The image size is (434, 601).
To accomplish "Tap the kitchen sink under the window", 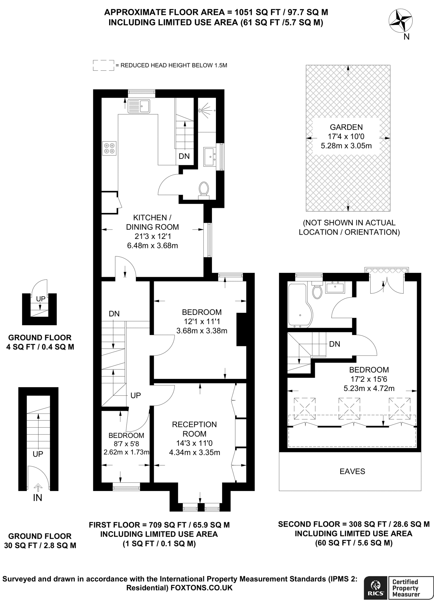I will [x=139, y=106].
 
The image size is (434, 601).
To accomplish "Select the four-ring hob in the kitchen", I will [x=109, y=148].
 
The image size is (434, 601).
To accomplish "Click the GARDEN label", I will [x=346, y=127].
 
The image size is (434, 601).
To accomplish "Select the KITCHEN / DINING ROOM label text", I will [x=152, y=222].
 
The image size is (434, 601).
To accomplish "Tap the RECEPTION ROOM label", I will [x=194, y=429].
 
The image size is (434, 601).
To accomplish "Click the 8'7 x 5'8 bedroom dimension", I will [x=126, y=444].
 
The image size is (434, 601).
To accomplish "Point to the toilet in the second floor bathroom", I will [x=317, y=291].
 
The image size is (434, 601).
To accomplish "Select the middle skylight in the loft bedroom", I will [x=349, y=408].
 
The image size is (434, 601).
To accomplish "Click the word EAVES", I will [x=352, y=472].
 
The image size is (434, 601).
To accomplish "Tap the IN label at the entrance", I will [x=38, y=498].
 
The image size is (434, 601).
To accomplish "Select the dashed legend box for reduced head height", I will [x=103, y=65].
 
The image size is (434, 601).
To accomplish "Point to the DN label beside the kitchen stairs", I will [x=184, y=156].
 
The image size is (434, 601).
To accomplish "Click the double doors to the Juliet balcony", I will [x=386, y=285].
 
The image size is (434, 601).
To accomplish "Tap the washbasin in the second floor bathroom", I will [x=335, y=287].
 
